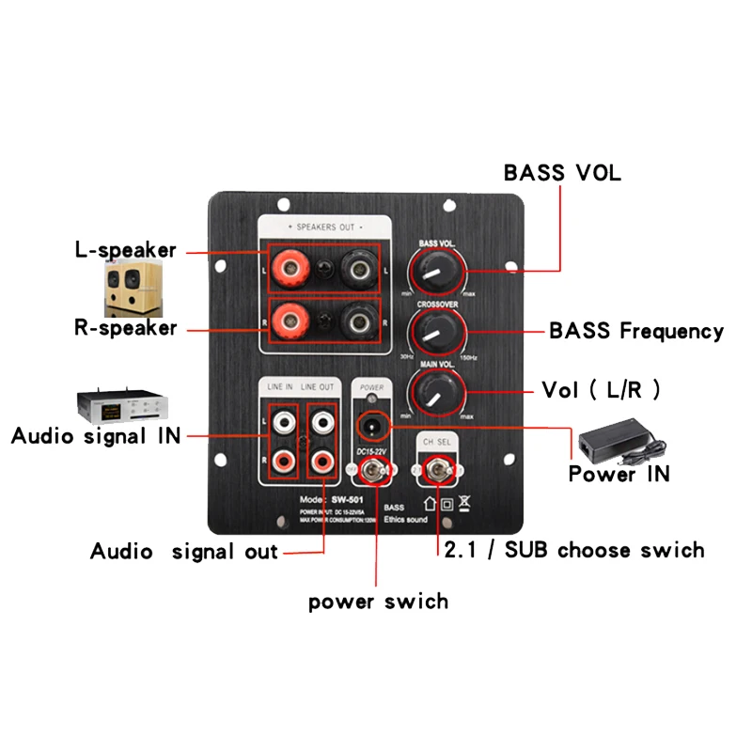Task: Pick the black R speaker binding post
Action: (357, 326)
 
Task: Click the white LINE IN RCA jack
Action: (284, 423)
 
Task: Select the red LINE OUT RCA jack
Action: (322, 462)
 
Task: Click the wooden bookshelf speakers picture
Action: (133, 287)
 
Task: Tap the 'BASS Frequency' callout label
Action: (636, 331)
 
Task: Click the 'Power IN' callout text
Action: (619, 474)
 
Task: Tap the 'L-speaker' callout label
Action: (126, 251)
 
